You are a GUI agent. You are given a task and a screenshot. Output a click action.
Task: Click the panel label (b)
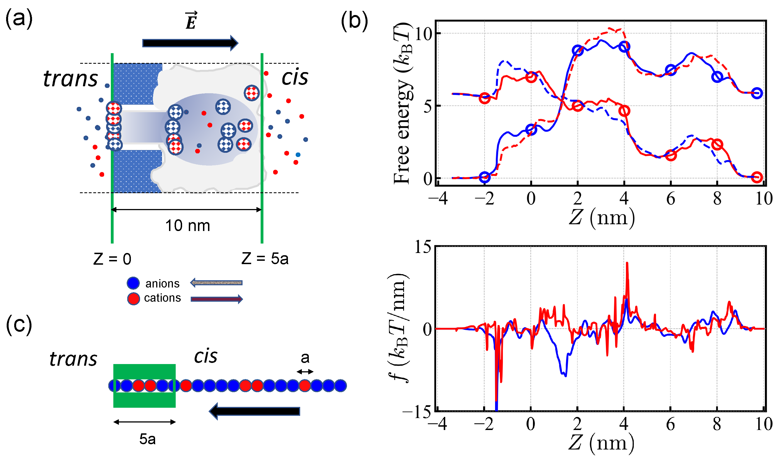tap(354, 21)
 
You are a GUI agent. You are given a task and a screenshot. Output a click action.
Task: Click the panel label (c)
tap(19, 324)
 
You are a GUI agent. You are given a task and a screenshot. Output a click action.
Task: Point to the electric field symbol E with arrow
tap(191, 21)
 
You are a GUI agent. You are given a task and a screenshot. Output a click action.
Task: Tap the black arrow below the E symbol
tap(190, 43)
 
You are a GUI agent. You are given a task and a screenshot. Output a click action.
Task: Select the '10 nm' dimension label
tap(187, 225)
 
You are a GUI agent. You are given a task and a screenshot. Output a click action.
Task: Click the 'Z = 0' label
tap(112, 259)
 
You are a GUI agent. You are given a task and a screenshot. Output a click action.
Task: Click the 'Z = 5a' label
tap(265, 259)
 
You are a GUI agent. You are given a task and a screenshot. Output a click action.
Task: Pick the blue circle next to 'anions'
tap(133, 283)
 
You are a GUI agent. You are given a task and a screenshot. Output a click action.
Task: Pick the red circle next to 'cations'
tap(133, 299)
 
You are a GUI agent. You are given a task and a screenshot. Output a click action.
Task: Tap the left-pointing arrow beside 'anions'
tap(216, 283)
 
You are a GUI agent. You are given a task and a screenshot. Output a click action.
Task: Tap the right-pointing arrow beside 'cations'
tap(217, 299)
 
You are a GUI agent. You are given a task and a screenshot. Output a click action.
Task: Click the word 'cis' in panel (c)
tap(206, 356)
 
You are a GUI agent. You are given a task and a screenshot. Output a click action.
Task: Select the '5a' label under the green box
tap(147, 439)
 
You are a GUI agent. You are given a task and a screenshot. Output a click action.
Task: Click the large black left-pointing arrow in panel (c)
tap(255, 411)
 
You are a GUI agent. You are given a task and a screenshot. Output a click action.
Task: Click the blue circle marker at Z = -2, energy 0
tap(485, 177)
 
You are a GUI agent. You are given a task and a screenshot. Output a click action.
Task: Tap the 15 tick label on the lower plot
tap(423, 247)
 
